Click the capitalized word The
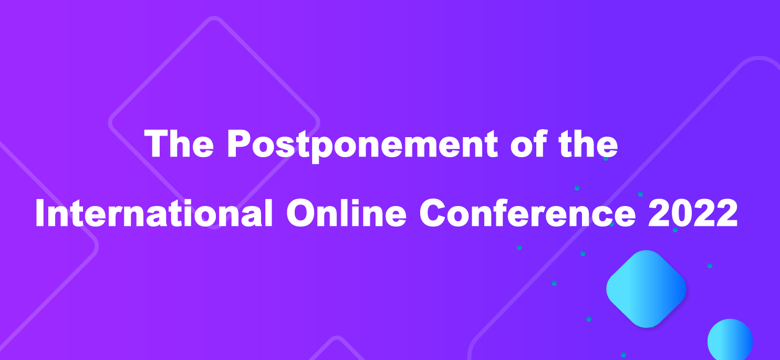pos(179,143)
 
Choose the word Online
pos(346,212)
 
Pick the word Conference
pos(527,212)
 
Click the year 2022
pos(693,213)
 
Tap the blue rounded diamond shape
pos(646,289)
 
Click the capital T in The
pos(157,143)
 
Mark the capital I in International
pos(40,213)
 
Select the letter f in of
pos(540,143)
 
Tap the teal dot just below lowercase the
pos(606,158)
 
